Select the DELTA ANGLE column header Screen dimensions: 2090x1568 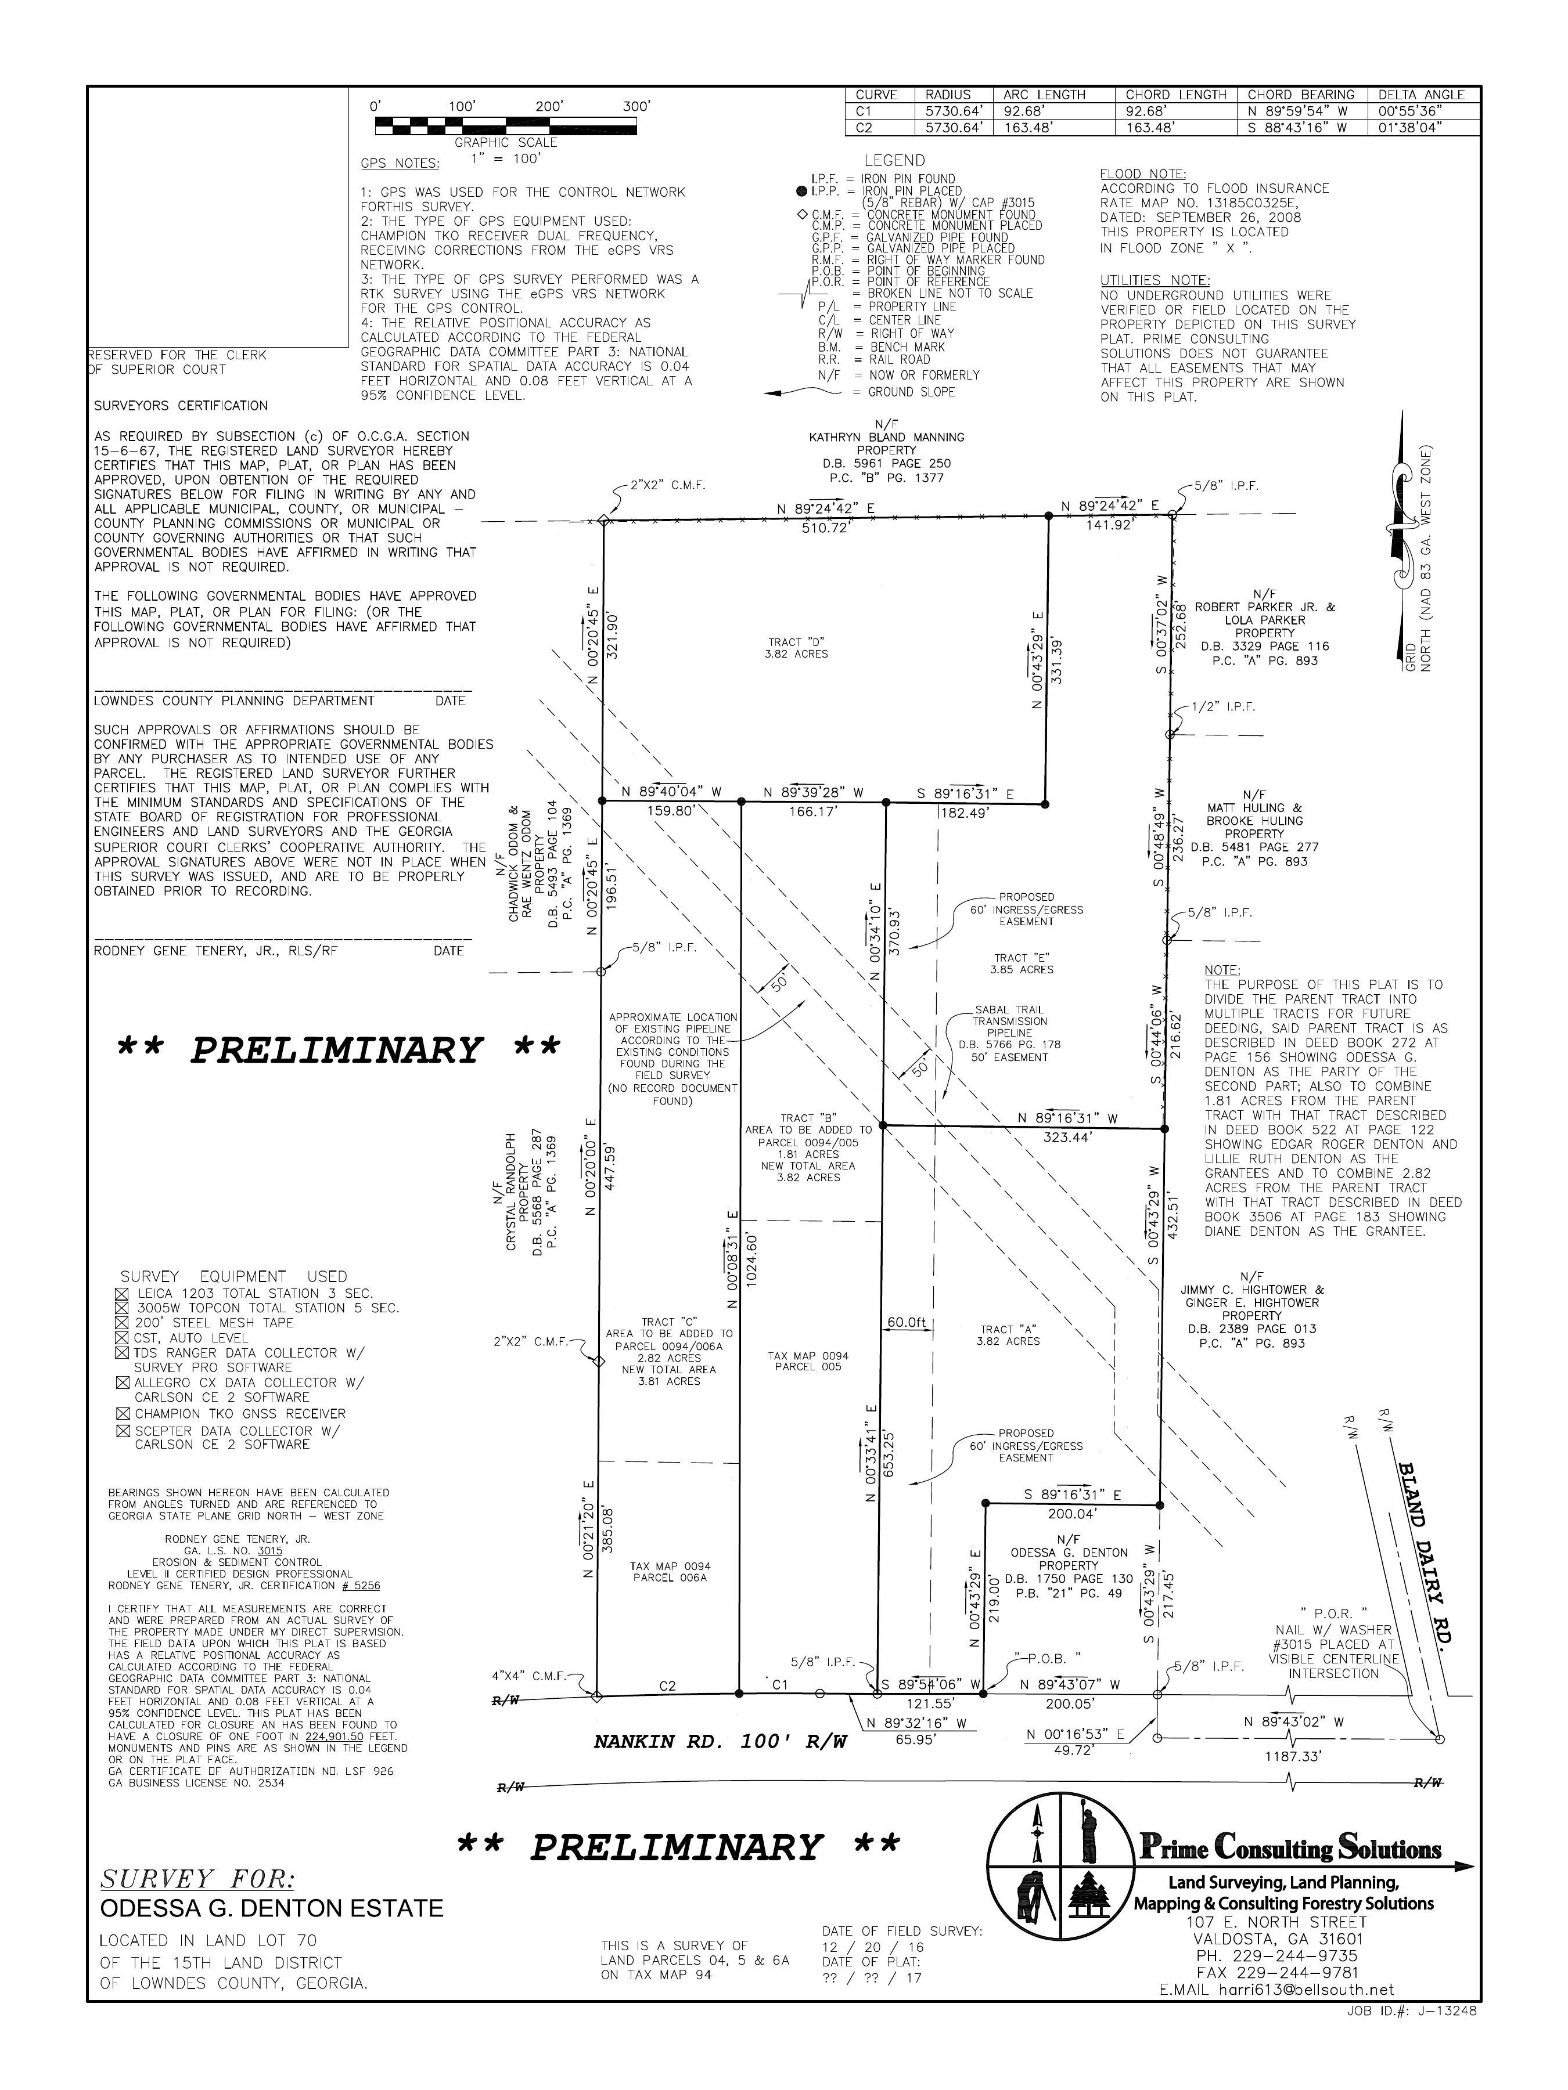click(x=1420, y=95)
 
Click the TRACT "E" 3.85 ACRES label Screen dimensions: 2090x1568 click(x=1022, y=963)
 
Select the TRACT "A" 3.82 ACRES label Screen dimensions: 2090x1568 click(x=1009, y=1335)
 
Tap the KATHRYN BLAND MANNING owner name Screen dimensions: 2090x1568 click(x=887, y=438)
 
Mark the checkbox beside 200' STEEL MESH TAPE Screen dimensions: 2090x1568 click(x=121, y=1323)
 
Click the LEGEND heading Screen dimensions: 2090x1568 click(x=894, y=161)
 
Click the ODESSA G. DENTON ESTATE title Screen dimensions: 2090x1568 click(x=271, y=1908)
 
